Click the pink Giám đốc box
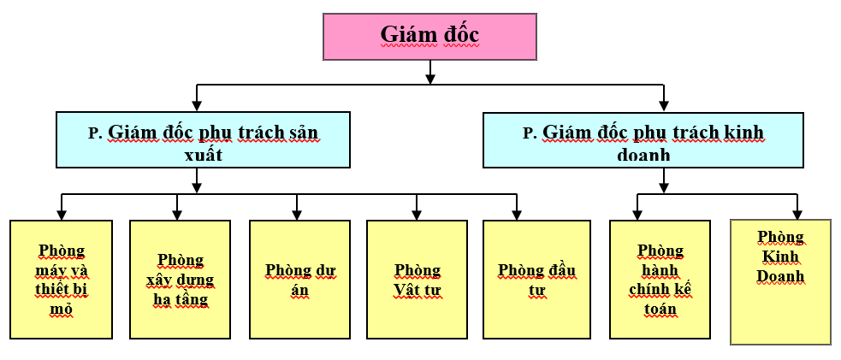[429, 36]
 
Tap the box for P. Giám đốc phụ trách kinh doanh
[643, 139]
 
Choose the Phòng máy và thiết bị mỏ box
[62, 279]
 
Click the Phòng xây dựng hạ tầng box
[180, 279]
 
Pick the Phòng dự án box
[299, 279]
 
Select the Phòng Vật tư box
[417, 279]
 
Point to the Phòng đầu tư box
[537, 279]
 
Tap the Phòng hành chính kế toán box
[660, 279]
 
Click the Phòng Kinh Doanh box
[780, 281]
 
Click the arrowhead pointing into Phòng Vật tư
[417, 215]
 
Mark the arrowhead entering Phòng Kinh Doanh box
[797, 214]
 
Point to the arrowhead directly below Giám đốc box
[430, 78]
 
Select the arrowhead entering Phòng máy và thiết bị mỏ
[62, 215]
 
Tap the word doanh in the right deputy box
[643, 156]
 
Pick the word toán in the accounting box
[660, 309]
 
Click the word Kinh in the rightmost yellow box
[780, 257]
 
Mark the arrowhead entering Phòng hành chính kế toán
[637, 215]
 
